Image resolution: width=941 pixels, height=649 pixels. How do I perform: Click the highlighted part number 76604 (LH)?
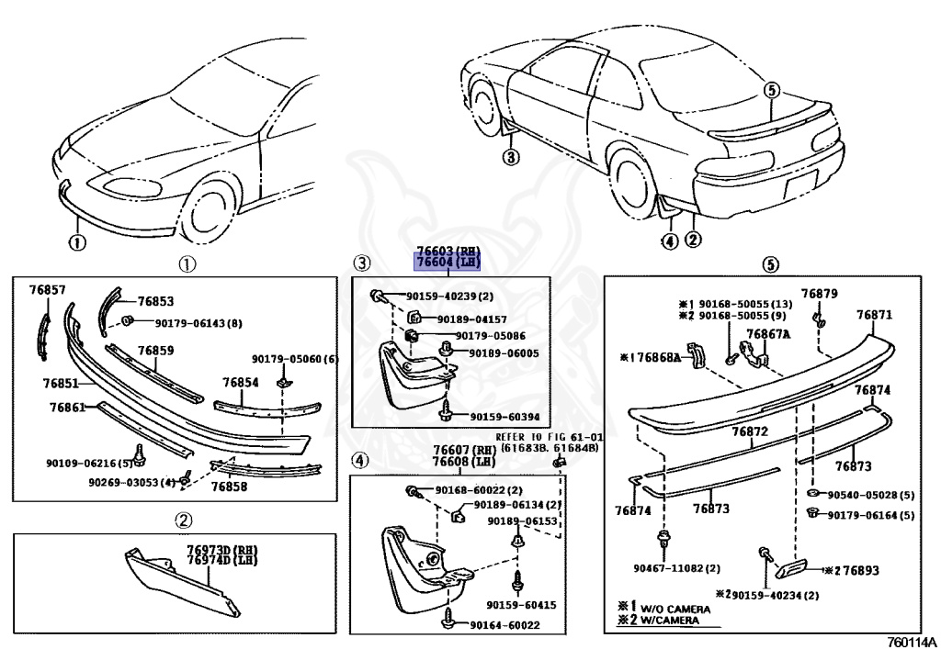[448, 263]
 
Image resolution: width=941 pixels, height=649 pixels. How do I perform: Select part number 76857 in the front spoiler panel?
[47, 290]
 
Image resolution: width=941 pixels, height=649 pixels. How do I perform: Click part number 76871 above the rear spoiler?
[874, 315]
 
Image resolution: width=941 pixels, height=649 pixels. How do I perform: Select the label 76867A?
[767, 334]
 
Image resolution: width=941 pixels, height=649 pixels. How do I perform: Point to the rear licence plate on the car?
[795, 193]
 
